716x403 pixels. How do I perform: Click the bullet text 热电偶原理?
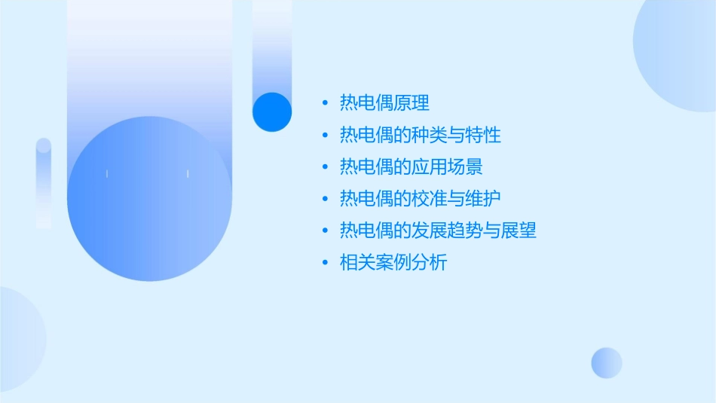pyautogui.click(x=384, y=103)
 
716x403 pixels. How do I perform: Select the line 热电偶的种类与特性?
pyautogui.click(x=421, y=136)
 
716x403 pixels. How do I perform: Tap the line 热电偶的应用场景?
pyautogui.click(x=412, y=167)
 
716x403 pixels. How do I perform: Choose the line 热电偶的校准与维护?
pyautogui.click(x=421, y=199)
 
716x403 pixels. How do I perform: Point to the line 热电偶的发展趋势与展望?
pyautogui.click(x=438, y=231)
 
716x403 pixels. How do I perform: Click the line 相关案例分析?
pyautogui.click(x=393, y=263)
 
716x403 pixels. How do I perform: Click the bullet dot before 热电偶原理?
pyautogui.click(x=325, y=103)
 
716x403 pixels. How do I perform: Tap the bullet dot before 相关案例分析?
pyautogui.click(x=325, y=263)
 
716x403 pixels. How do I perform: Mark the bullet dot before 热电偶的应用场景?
pyautogui.click(x=325, y=167)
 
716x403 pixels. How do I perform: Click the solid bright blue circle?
pyautogui.click(x=272, y=111)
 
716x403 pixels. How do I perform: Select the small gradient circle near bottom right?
pyautogui.click(x=607, y=362)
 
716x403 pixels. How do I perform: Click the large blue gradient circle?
pyautogui.click(x=149, y=199)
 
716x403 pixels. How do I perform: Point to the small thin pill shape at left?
pyautogui.click(x=44, y=183)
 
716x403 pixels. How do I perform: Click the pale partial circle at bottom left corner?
pyautogui.click(x=19, y=339)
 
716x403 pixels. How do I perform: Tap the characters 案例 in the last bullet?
pyautogui.click(x=393, y=263)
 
